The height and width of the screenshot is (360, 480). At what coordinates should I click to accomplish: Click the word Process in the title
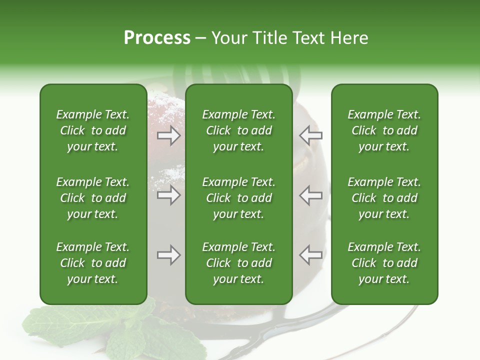pos(157,38)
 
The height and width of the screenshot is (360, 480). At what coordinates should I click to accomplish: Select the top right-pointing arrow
pos(168,135)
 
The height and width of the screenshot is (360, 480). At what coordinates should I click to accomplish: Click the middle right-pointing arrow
pos(168,195)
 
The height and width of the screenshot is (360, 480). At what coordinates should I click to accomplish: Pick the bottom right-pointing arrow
pos(168,255)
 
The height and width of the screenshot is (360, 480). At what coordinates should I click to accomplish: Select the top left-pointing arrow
pos(311,135)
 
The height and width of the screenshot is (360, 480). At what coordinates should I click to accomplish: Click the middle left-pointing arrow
pos(311,195)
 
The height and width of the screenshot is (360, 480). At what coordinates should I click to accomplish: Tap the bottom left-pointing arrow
pos(311,255)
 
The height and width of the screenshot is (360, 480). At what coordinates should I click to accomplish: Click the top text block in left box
pos(93,130)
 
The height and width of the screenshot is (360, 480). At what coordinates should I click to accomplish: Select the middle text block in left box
pos(93,198)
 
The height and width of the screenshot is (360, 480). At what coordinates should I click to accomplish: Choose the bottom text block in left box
pos(93,263)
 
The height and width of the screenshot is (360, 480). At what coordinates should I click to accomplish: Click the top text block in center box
pos(238,130)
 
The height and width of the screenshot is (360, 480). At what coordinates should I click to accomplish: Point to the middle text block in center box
pos(238,198)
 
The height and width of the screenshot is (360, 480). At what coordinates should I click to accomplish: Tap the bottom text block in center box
pos(238,263)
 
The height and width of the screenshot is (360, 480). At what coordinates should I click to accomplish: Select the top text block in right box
pos(384,130)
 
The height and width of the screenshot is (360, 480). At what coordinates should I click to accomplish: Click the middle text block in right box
pos(384,198)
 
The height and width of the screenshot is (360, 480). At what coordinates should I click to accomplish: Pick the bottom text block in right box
pos(384,263)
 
